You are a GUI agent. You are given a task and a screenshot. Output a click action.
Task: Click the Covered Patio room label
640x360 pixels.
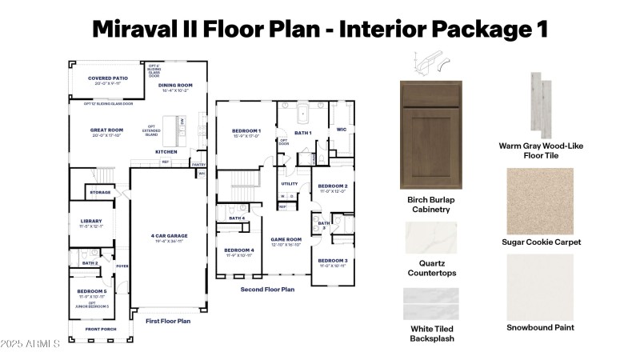pyautogui.click(x=108, y=78)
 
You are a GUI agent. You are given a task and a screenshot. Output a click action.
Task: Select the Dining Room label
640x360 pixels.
pyautogui.click(x=174, y=85)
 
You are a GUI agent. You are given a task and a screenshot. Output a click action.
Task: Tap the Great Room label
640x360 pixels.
pyautogui.click(x=106, y=130)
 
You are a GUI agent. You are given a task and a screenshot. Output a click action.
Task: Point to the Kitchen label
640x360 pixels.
pyautogui.click(x=166, y=151)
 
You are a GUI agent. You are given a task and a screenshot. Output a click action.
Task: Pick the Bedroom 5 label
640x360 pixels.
pyautogui.click(x=91, y=291)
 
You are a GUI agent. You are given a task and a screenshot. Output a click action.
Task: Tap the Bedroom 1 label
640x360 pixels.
pyautogui.click(x=246, y=130)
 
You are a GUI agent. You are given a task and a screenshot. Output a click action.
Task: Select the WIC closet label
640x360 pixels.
pyautogui.click(x=342, y=129)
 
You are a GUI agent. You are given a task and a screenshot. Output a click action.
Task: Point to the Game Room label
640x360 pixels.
pyautogui.click(x=286, y=239)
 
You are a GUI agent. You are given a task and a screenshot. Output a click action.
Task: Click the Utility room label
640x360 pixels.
pyautogui.click(x=289, y=183)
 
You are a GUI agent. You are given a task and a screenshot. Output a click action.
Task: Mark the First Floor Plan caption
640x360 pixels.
pyautogui.click(x=168, y=321)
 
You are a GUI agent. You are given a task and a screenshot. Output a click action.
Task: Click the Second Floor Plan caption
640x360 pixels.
pyautogui.click(x=268, y=289)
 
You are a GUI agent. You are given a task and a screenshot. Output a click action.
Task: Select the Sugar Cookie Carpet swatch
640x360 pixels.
pyautogui.click(x=541, y=202)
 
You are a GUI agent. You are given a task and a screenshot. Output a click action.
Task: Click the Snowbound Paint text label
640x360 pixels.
pyautogui.click(x=541, y=327)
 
